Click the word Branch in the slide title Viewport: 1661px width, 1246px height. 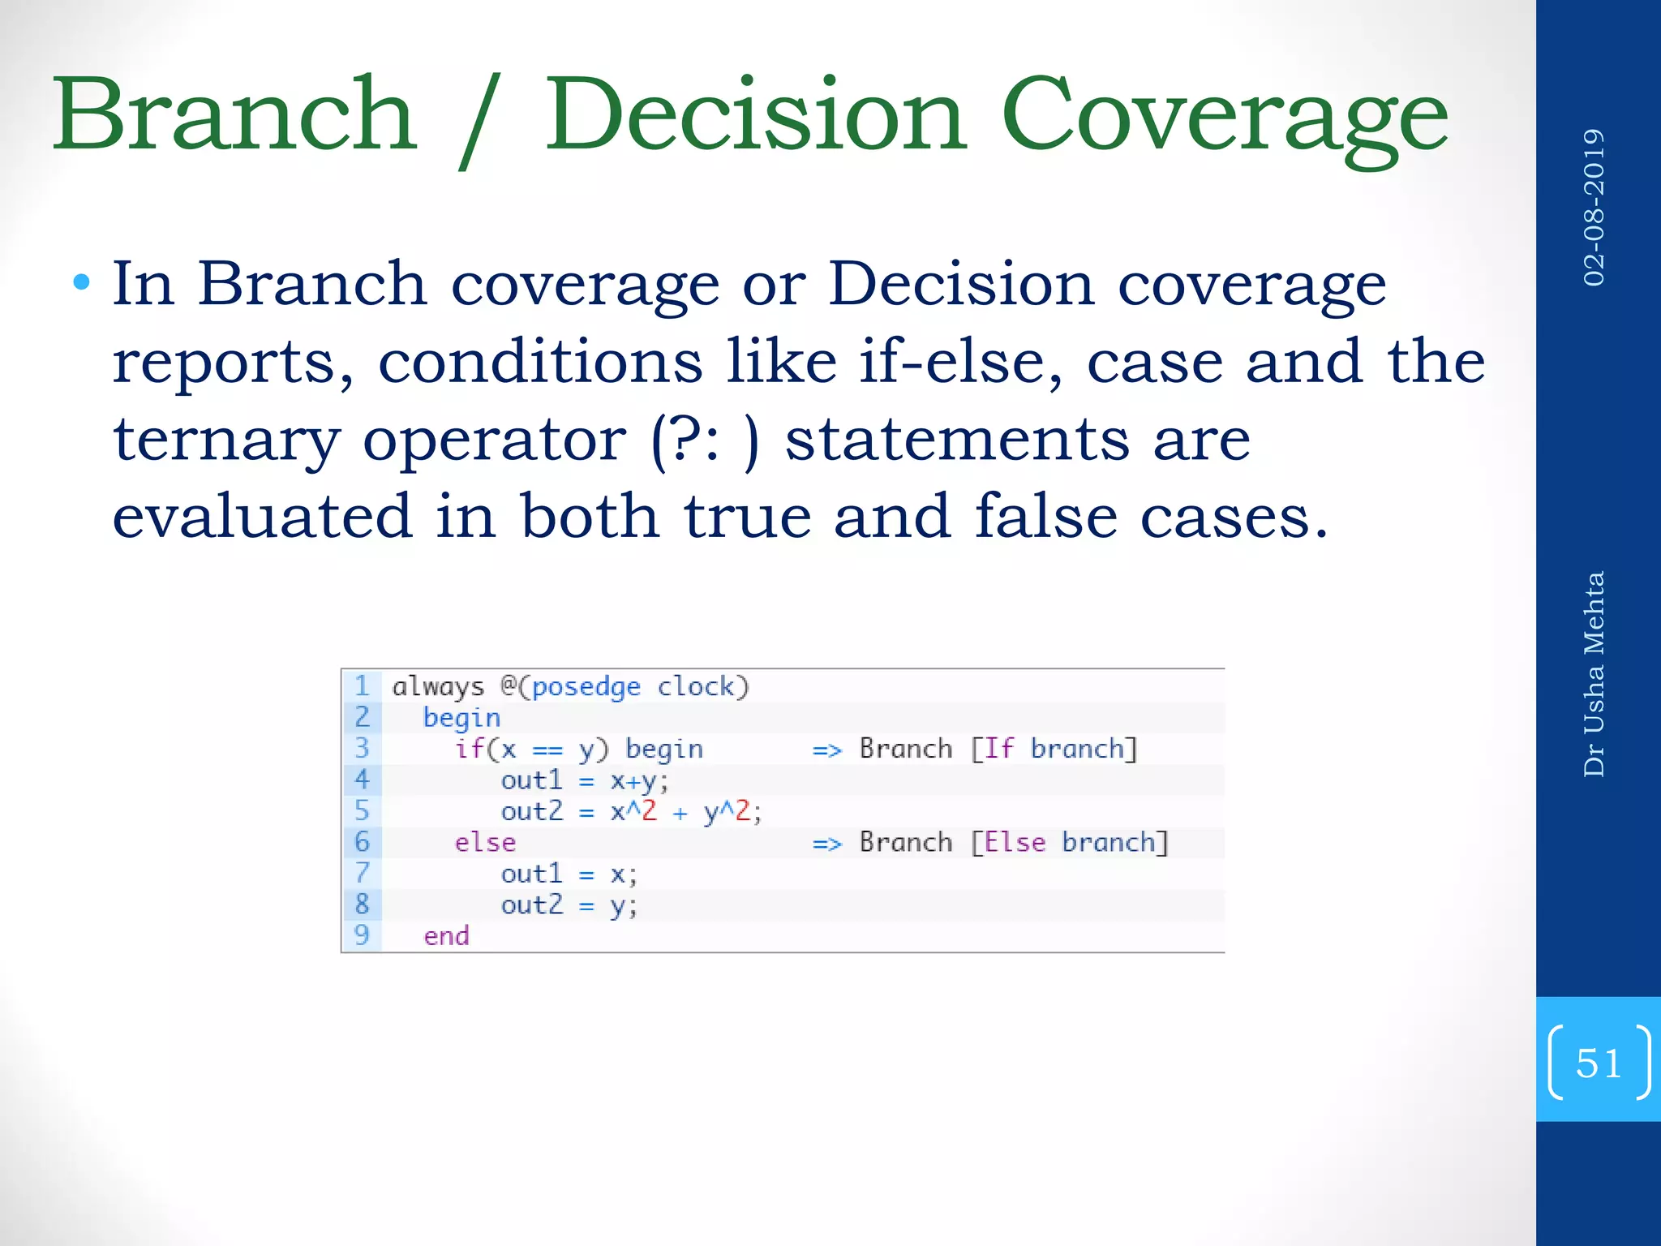pyautogui.click(x=235, y=115)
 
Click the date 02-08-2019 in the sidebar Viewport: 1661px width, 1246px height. pyautogui.click(x=1594, y=207)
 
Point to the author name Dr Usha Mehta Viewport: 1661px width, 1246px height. pyautogui.click(x=1594, y=673)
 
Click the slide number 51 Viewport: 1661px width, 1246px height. pyautogui.click(x=1598, y=1063)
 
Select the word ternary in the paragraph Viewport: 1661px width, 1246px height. pyautogui.click(x=225, y=440)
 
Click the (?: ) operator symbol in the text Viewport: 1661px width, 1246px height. pyautogui.click(x=705, y=440)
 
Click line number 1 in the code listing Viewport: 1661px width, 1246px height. pyautogui.click(x=362, y=686)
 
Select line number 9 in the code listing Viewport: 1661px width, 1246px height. pyautogui.click(x=362, y=935)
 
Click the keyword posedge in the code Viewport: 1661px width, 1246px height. pyautogui.click(x=586, y=687)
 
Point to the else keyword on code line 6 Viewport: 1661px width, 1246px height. pyautogui.click(x=485, y=842)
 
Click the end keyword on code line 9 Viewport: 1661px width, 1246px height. pyautogui.click(x=446, y=936)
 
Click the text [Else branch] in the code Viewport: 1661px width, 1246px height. pyautogui.click(x=1070, y=842)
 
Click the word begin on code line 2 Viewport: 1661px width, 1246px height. pyautogui.click(x=461, y=718)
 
